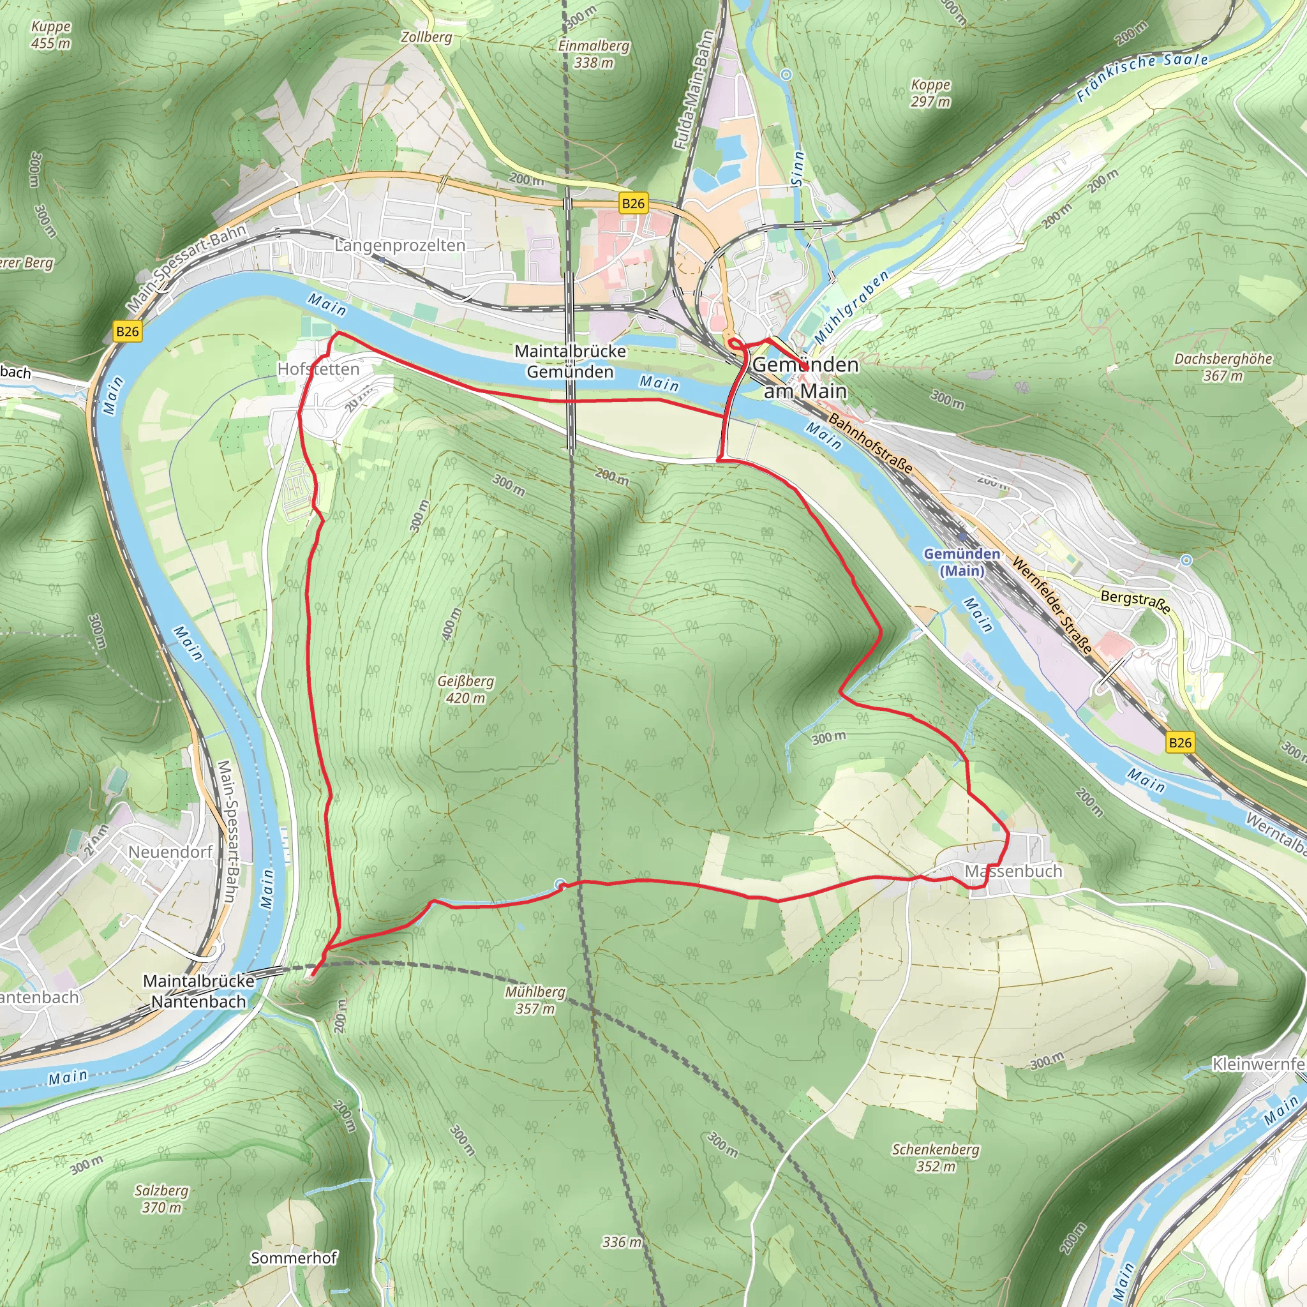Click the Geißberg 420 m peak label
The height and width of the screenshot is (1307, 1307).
pyautogui.click(x=465, y=689)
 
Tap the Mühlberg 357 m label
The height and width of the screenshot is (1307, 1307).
pyautogui.click(x=534, y=1000)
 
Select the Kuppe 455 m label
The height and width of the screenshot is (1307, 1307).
pyautogui.click(x=51, y=34)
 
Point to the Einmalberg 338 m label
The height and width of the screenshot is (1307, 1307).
pyautogui.click(x=594, y=54)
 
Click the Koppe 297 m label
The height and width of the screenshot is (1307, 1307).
pyautogui.click(x=930, y=93)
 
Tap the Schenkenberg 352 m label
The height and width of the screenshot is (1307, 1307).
pyautogui.click(x=935, y=1158)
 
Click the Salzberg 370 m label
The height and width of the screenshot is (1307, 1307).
pyautogui.click(x=161, y=1199)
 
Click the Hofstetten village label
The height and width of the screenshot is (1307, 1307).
pyautogui.click(x=318, y=369)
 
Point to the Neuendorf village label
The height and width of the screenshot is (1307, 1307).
pyautogui.click(x=170, y=852)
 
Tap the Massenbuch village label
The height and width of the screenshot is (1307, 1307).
pyautogui.click(x=1013, y=871)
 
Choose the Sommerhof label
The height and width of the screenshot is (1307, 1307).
pyautogui.click(x=294, y=1258)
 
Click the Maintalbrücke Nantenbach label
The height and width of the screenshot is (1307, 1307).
pyautogui.click(x=198, y=991)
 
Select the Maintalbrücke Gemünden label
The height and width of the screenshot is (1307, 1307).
pyautogui.click(x=571, y=361)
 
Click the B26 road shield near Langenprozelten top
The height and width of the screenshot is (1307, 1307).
pyautogui.click(x=632, y=203)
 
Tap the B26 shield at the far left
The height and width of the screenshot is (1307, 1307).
pyautogui.click(x=127, y=331)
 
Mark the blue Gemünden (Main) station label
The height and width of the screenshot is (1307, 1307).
pyautogui.click(x=961, y=562)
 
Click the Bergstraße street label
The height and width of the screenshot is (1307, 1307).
pyautogui.click(x=1135, y=601)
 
